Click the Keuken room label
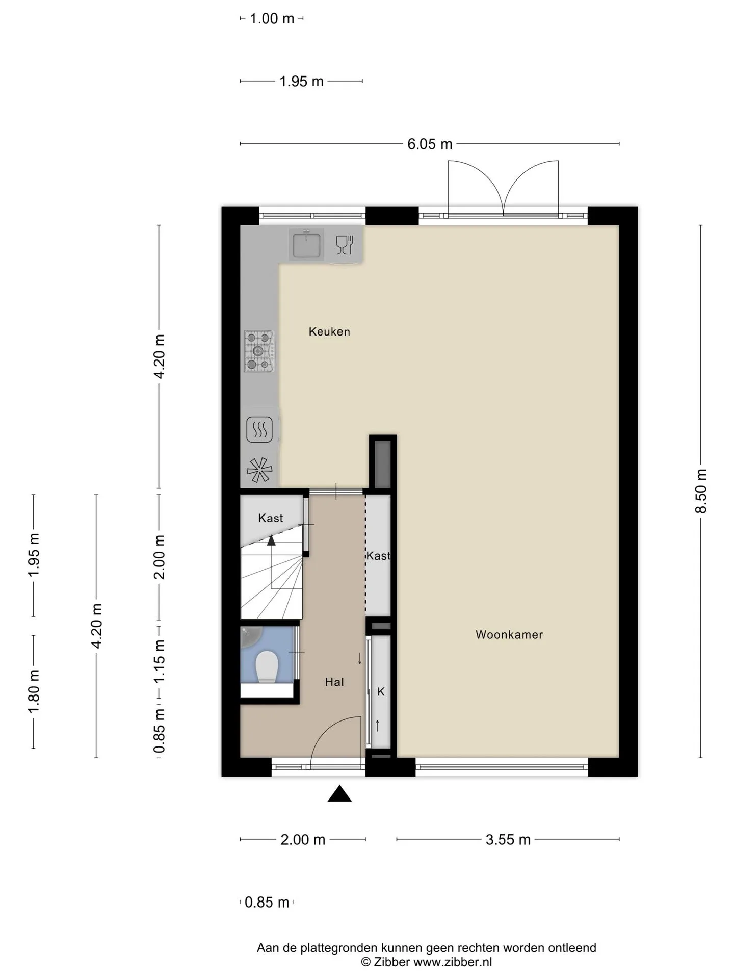point(329,332)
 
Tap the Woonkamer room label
point(509,635)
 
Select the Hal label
point(334,682)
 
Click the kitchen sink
point(306,245)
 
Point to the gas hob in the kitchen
point(259,351)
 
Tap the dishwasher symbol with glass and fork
point(345,245)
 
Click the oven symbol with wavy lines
point(259,429)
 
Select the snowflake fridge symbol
point(259,470)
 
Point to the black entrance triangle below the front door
point(339,794)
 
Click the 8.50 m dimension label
point(701,491)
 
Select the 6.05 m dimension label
point(430,144)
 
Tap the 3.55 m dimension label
point(508,840)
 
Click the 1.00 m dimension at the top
point(272,19)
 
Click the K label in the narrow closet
point(381,692)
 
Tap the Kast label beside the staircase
point(270,518)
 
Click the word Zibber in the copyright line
point(392,962)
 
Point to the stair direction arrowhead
point(271,540)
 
